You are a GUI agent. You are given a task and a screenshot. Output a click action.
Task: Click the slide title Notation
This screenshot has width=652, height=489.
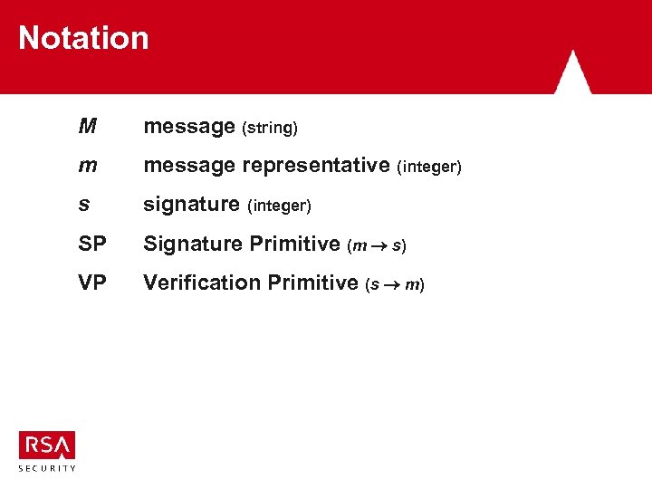(x=83, y=38)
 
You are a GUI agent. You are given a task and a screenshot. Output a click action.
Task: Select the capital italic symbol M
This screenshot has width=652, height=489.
(x=87, y=127)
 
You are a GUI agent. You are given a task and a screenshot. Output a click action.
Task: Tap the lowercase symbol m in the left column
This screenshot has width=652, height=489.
(x=88, y=167)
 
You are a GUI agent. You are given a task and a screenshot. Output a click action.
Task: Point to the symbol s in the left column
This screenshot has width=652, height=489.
(x=84, y=206)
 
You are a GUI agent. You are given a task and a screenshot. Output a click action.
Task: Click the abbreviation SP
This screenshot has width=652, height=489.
(x=91, y=244)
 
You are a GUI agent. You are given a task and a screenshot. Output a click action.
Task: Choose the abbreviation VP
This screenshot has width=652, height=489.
(x=91, y=283)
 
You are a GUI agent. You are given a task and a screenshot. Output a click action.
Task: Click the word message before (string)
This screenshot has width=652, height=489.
(x=189, y=127)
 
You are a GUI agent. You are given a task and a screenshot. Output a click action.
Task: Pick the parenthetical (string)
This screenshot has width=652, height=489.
(x=270, y=129)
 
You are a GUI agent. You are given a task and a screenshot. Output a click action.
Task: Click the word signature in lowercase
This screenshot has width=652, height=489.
(x=191, y=206)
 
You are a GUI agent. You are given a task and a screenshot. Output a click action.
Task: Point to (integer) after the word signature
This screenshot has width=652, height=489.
(x=279, y=206)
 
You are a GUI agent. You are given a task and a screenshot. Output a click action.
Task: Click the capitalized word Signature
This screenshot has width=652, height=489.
(x=191, y=244)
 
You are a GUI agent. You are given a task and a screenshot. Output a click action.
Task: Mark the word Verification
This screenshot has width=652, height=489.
(x=202, y=283)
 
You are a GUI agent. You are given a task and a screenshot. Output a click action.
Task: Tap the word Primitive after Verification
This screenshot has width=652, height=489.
(x=314, y=283)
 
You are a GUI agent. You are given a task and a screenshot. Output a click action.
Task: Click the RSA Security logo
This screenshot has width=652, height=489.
(x=47, y=450)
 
